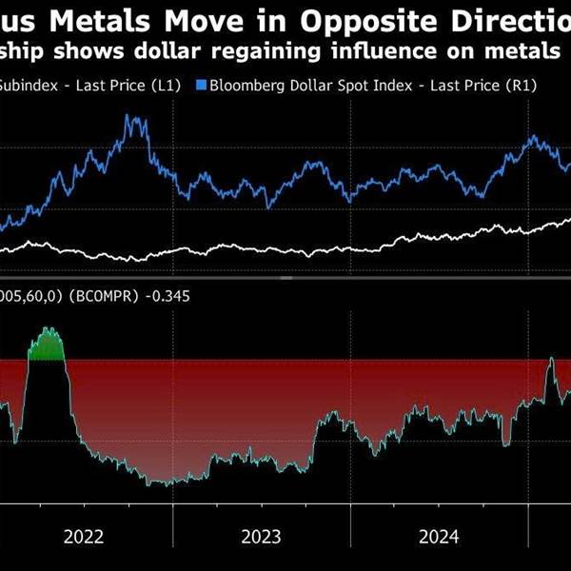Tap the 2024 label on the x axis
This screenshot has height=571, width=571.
439,536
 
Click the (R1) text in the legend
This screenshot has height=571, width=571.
522,86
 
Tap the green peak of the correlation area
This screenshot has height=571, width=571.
48,344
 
